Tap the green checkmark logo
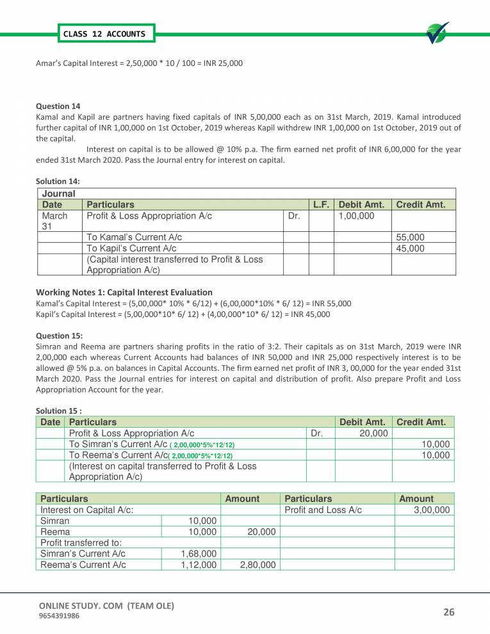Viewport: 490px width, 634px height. [x=437, y=33]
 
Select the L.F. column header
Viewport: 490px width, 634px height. [x=320, y=205]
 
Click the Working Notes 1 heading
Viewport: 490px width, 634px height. [x=124, y=292]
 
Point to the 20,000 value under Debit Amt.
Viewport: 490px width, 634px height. [x=372, y=434]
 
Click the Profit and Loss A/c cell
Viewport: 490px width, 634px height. [x=323, y=510]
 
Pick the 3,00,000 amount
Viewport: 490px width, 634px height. [x=429, y=510]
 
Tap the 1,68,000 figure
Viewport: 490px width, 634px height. [x=199, y=553]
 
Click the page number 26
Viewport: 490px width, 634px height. [x=448, y=612]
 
